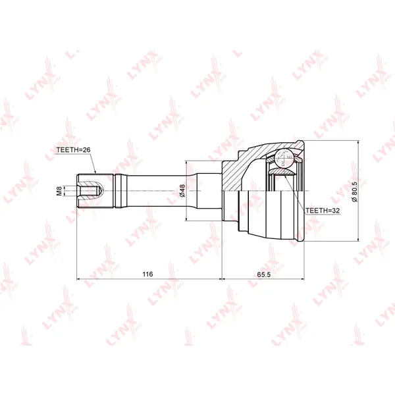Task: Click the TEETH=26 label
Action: pos(72,150)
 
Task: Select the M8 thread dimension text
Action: pos(59,191)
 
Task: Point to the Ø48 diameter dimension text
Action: pos(182,191)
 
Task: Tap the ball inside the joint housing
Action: pos(284,157)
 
